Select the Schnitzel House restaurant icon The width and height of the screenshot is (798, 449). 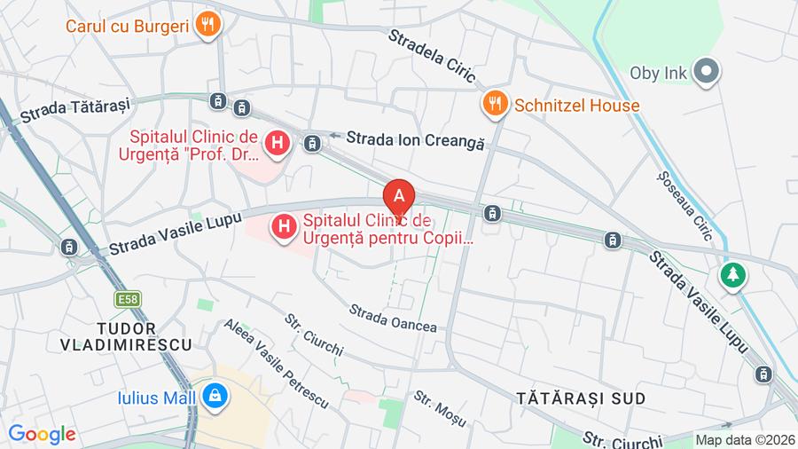(x=495, y=106)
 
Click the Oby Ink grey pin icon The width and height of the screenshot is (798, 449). (x=706, y=73)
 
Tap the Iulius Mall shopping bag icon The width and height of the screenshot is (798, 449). (x=214, y=398)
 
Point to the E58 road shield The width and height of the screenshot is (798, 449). (x=128, y=300)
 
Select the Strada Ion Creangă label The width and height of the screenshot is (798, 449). (x=415, y=139)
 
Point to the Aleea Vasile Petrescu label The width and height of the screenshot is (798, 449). (x=276, y=363)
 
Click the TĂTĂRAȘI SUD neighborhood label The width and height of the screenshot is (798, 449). (x=581, y=398)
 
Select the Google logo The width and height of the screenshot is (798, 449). (x=42, y=434)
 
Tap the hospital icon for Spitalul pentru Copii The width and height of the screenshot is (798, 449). (x=284, y=228)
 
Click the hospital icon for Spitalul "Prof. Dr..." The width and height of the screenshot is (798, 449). (x=278, y=142)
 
